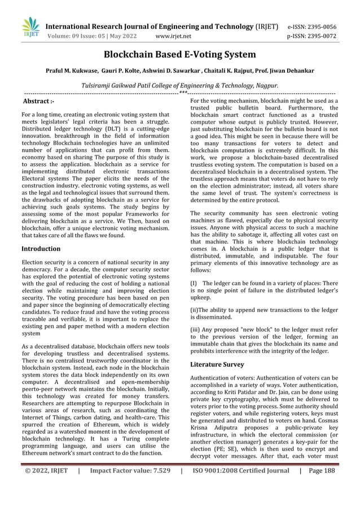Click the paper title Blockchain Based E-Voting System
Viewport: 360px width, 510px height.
tap(179, 55)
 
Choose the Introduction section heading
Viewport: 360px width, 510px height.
tap(41, 249)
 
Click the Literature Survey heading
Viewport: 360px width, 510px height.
tap(217, 365)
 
